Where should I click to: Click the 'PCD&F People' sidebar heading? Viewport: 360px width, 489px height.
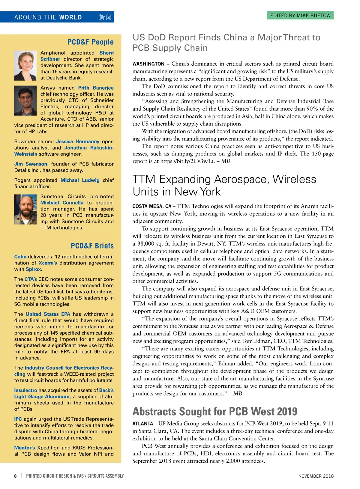(x=90, y=42)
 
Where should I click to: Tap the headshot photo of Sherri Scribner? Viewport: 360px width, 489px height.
(x=25, y=66)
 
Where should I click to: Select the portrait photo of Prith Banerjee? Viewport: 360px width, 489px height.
(x=25, y=101)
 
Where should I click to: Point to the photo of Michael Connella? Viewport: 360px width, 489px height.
(x=25, y=210)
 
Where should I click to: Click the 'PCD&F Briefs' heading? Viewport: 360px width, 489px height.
(x=92, y=246)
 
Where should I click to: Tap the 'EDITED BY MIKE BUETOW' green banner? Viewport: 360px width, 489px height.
(x=300, y=16)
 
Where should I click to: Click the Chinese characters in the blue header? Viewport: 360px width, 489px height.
(x=105, y=17)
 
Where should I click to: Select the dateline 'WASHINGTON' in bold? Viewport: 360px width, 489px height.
(x=148, y=64)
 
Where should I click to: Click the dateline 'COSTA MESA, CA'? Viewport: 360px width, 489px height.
(x=152, y=206)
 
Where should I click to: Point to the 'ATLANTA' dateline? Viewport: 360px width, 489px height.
(x=143, y=424)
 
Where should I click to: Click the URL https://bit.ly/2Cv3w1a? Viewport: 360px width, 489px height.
(x=187, y=161)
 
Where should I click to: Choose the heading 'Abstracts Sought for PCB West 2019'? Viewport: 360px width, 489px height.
(x=215, y=411)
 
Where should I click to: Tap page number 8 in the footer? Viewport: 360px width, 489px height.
(x=15, y=476)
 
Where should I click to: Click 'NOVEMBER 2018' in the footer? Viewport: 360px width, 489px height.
(x=316, y=476)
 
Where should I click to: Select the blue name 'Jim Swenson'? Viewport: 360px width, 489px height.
(x=31, y=164)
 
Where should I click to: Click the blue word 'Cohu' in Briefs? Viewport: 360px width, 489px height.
(x=20, y=257)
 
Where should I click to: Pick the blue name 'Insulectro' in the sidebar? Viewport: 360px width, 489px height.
(x=26, y=390)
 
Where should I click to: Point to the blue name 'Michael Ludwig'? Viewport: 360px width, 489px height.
(x=80, y=180)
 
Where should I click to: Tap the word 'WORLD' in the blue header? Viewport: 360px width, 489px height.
(x=70, y=17)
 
